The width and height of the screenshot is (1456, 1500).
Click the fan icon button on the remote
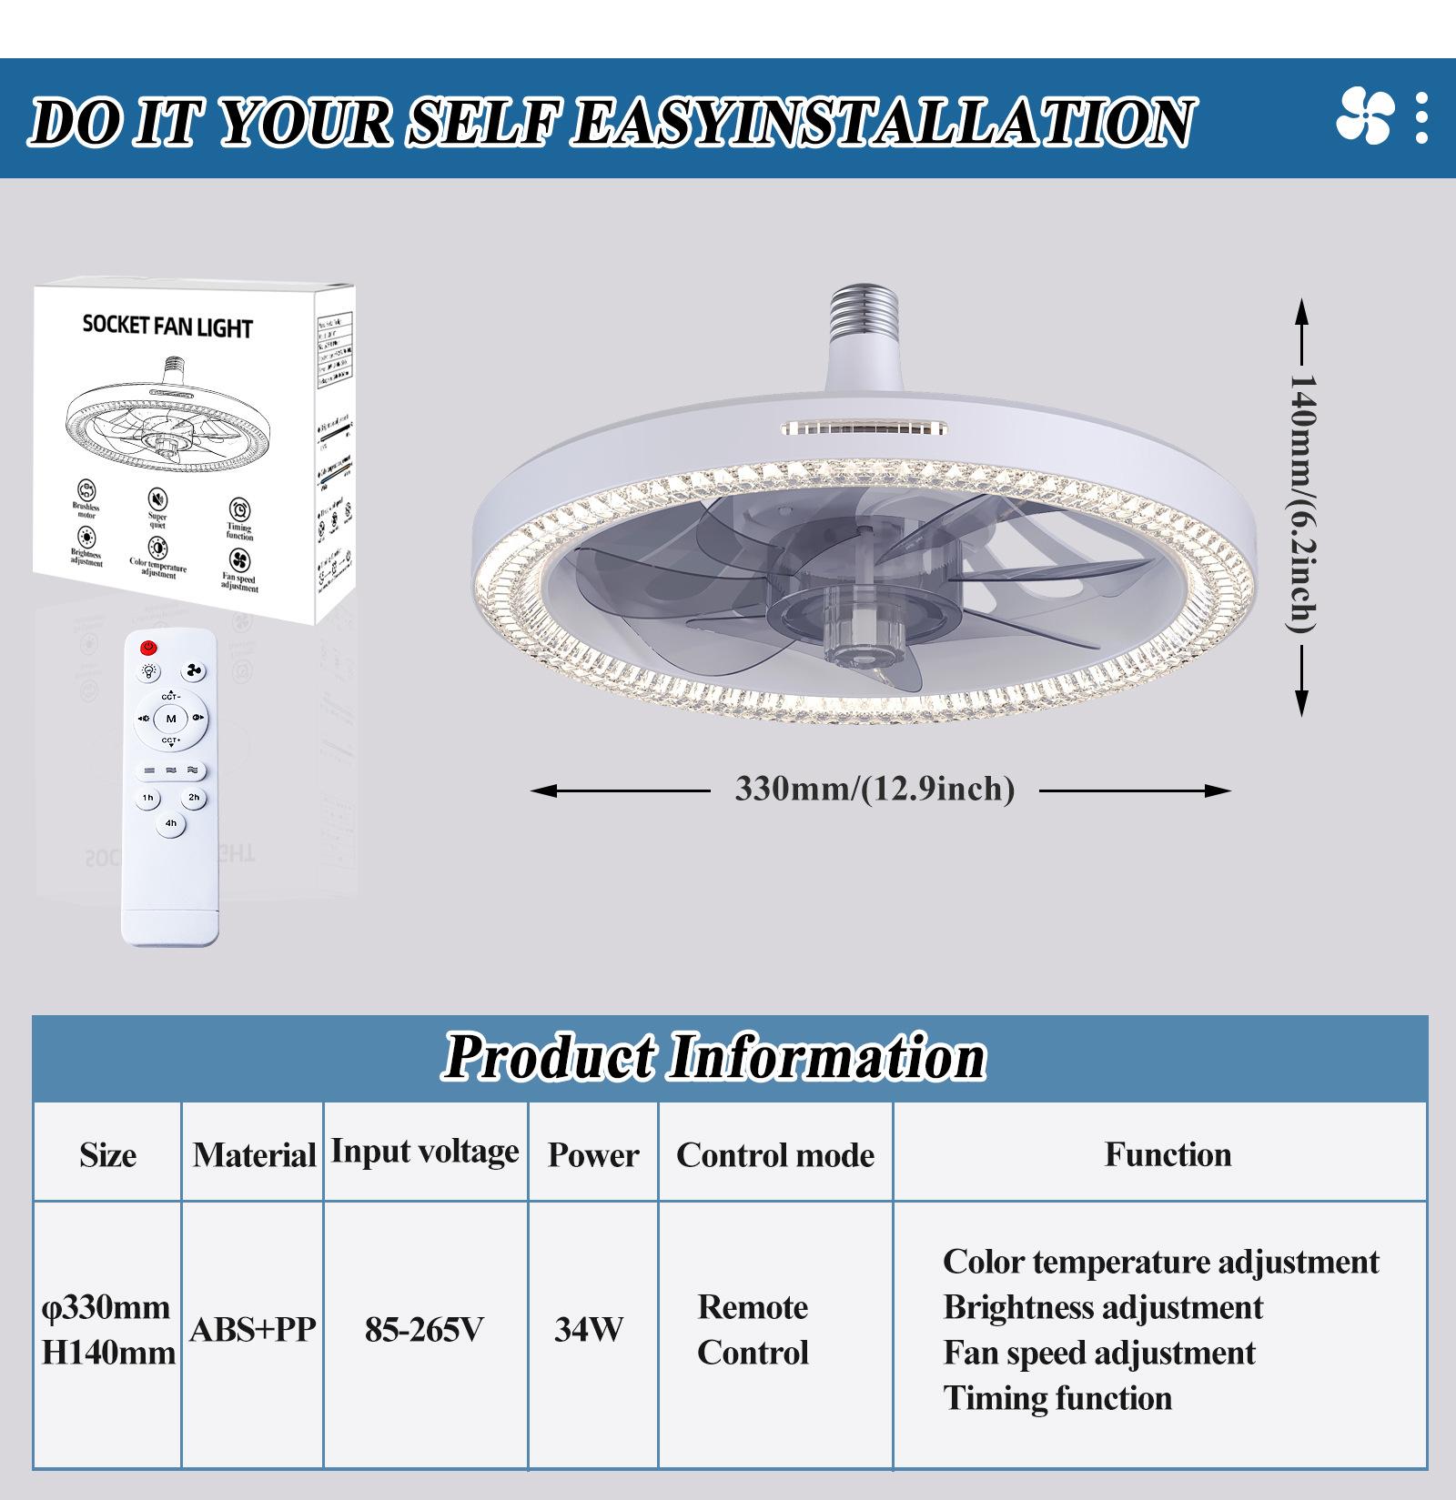coord(193,672)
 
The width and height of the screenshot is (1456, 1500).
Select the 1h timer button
coord(147,798)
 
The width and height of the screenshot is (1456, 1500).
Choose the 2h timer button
coord(194,798)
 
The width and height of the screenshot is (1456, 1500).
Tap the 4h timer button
coord(171,824)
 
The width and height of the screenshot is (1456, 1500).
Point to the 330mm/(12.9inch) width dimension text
coord(875,789)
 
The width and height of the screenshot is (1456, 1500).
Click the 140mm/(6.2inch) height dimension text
coord(1302,504)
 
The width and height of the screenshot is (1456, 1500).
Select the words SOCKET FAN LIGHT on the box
coord(167,327)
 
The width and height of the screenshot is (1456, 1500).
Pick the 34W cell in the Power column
coord(589,1330)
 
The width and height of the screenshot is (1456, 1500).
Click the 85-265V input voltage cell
coord(424,1330)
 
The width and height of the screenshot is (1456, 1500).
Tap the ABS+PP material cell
coord(253,1330)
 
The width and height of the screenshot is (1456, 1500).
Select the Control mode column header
coord(775,1154)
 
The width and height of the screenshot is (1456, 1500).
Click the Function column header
coord(1168,1153)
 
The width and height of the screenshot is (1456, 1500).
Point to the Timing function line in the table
coord(1057,1398)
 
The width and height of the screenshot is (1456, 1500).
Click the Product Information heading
coord(715,1057)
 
